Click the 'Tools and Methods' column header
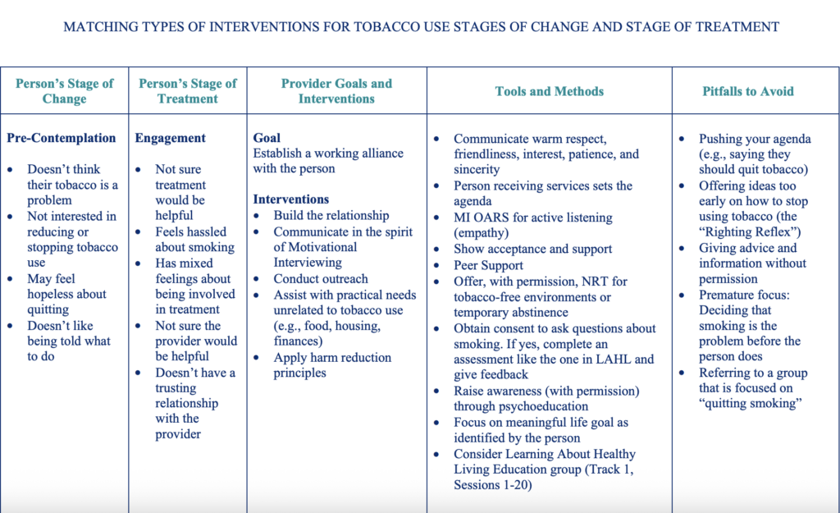549,91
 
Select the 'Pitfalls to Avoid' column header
748,91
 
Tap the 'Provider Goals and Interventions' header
336,91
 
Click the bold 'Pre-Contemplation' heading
61,138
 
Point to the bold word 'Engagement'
170,138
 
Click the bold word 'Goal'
267,138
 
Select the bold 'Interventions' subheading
291,199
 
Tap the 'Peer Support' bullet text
488,265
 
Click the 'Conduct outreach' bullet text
321,279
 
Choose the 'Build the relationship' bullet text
331,216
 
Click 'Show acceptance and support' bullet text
532,249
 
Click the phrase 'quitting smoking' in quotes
750,403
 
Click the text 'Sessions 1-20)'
492,485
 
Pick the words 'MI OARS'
479,218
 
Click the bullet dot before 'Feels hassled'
138,232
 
